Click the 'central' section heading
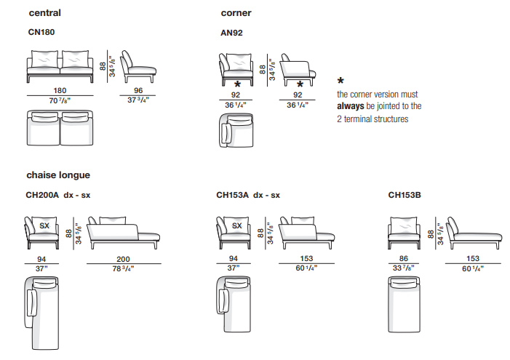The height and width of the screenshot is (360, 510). click(x=44, y=13)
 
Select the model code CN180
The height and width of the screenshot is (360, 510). click(x=41, y=32)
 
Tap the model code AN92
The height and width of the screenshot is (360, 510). click(x=231, y=33)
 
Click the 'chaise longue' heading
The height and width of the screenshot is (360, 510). click(x=58, y=175)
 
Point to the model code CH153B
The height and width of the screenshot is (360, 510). click(x=405, y=195)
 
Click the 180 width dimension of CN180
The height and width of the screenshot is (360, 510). click(x=60, y=90)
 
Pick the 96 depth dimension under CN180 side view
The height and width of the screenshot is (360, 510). click(x=138, y=90)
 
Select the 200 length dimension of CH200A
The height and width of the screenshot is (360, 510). click(x=123, y=259)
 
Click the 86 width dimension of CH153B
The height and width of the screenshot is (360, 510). click(x=404, y=258)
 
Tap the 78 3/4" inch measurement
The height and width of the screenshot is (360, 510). click(x=123, y=268)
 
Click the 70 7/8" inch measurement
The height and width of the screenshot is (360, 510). click(x=60, y=100)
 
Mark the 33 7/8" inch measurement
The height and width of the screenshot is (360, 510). click(x=404, y=268)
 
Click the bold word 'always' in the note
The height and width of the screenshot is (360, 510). click(x=350, y=106)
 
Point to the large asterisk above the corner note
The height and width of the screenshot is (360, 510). click(x=340, y=81)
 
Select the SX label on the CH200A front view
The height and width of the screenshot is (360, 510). click(x=44, y=225)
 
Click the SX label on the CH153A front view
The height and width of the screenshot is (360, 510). click(x=236, y=225)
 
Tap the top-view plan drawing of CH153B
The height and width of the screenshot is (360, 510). click(x=404, y=305)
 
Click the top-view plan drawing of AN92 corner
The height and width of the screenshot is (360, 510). click(x=236, y=130)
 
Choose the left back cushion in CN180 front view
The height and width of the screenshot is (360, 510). click(x=44, y=59)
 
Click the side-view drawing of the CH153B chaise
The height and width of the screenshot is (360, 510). click(x=474, y=233)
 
